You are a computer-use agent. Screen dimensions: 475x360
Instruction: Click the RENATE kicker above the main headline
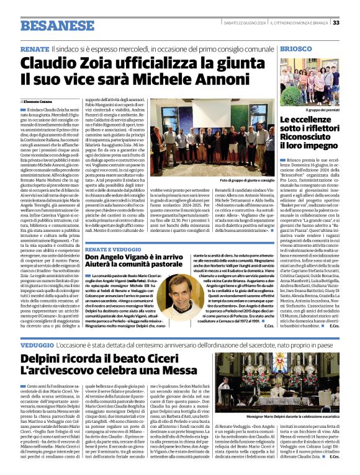click(x=35, y=48)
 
